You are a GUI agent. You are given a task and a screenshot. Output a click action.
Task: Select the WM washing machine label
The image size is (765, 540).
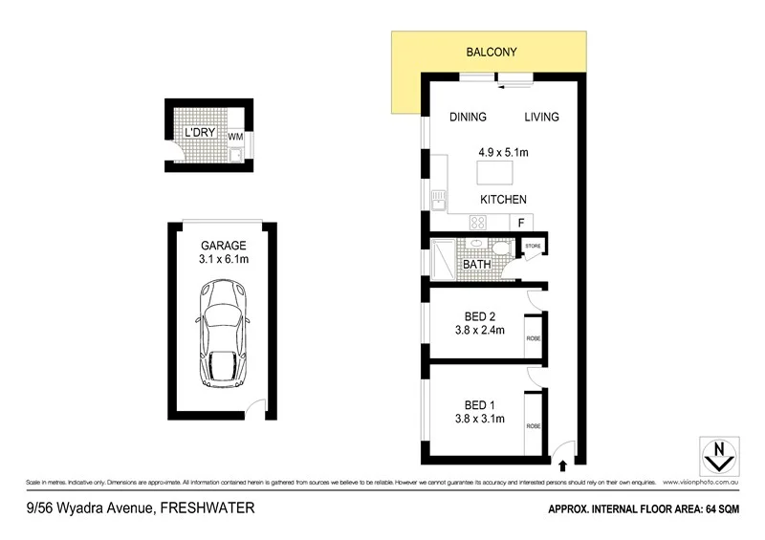coord(235,137)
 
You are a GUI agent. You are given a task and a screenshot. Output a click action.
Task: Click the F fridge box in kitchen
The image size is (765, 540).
coord(521,223)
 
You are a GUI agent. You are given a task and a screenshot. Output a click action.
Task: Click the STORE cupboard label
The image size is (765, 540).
coord(533,247)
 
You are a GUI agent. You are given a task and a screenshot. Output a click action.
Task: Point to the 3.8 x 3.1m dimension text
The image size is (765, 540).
coord(479,419)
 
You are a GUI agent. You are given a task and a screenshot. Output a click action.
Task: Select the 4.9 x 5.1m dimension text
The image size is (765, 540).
coord(504,151)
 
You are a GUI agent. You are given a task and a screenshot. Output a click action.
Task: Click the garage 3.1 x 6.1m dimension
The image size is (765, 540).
coord(223,259)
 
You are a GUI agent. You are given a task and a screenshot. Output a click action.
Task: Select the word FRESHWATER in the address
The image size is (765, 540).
coord(208,508)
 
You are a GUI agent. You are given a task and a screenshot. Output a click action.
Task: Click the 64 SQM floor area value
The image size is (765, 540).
coord(732,509)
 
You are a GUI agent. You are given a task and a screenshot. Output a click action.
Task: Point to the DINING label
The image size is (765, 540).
coord(468,118)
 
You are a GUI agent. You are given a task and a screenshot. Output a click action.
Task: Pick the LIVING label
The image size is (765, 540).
coord(540,118)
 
